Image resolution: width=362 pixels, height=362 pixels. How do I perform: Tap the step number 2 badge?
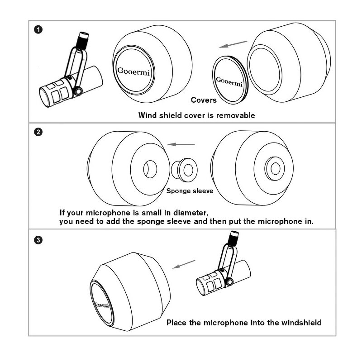pos(39,132)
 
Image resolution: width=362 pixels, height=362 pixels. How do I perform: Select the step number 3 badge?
pos(39,240)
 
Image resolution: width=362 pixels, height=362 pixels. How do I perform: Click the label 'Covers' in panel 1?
pos(204,100)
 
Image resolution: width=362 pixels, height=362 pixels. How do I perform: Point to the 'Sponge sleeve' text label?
pos(190,191)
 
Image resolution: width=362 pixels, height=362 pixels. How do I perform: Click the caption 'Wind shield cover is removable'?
pos(196,115)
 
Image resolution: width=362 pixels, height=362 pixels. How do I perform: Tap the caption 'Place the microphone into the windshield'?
pos(244,323)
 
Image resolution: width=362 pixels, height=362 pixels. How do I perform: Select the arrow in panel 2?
pos(181,144)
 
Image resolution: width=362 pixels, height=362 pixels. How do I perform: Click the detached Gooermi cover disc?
pos(229,81)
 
